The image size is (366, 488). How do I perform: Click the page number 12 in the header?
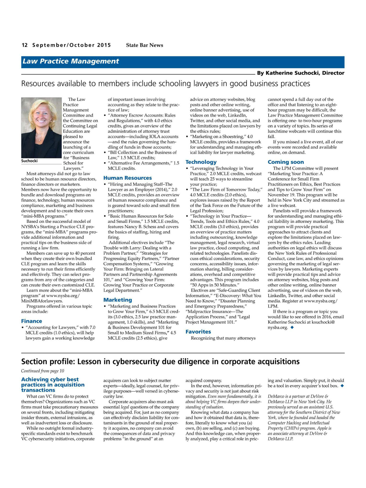pos(25,45)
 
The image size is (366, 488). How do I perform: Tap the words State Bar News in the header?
pos(145,45)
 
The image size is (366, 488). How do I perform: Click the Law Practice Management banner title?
pos(71,62)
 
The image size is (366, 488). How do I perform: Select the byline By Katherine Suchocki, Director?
pos(300,73)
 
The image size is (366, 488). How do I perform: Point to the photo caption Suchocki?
pos(29,161)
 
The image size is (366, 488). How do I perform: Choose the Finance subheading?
pos(31,321)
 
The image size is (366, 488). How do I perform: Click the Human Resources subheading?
pos(127,178)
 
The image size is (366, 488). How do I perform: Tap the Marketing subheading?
pos(117,300)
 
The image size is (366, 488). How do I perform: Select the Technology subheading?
pos(201,162)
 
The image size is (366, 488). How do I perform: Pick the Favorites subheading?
pos(198,332)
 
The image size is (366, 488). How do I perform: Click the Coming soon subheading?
pos(285,162)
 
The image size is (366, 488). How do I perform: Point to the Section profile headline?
pos(160,362)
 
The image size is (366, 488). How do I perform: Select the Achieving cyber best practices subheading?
pos(53,385)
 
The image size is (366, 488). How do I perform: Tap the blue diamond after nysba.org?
pos(292,327)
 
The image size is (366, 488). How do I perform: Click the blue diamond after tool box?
pos(342,385)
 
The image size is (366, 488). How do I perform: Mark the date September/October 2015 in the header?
pos(71,45)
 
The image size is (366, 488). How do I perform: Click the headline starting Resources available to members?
pos(165,83)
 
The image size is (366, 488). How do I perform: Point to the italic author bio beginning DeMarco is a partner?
pos(304,417)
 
